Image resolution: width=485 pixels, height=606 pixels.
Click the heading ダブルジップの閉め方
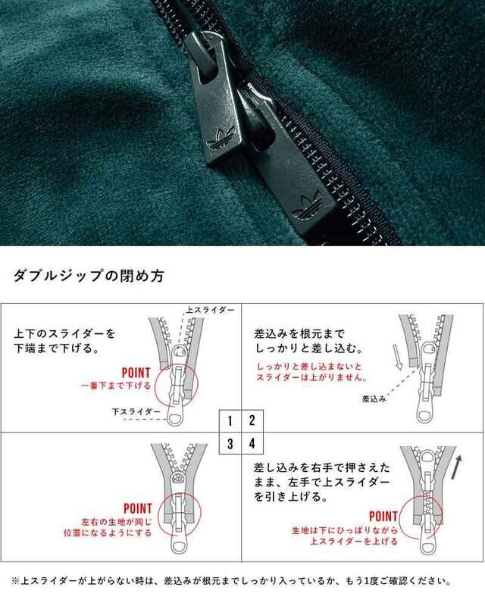pos(89,276)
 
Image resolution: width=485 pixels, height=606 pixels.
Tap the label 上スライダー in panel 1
pos(210,310)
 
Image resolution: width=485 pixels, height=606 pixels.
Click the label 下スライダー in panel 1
pos(136,411)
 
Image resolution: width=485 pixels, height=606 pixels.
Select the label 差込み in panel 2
pos(374,399)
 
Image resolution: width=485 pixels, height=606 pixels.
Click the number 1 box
pos(230,420)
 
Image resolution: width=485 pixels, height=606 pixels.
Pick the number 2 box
pos(252,420)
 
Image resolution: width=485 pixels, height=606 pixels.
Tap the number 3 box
pos(230,443)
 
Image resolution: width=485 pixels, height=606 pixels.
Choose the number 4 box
pos(252,443)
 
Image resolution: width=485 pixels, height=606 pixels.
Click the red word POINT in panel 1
pos(136,373)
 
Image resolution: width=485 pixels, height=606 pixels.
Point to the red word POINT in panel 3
pos(138,508)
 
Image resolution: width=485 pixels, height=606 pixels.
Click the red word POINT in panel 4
pos(383,517)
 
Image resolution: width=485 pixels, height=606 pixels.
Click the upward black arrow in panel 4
pos(458,467)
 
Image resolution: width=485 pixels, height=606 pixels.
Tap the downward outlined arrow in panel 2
pos(398,357)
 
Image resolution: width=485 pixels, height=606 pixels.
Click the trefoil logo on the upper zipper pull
pos(221,138)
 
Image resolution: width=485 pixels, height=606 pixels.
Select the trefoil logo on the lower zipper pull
pos(306,207)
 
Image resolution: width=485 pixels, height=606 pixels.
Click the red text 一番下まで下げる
pos(115,386)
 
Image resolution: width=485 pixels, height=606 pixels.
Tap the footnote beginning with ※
pos(231,581)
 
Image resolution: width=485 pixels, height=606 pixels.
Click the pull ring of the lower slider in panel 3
pos(180,546)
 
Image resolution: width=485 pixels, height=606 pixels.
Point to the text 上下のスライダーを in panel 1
pos(64,333)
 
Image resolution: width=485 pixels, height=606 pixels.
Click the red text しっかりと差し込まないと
pos(309,367)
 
